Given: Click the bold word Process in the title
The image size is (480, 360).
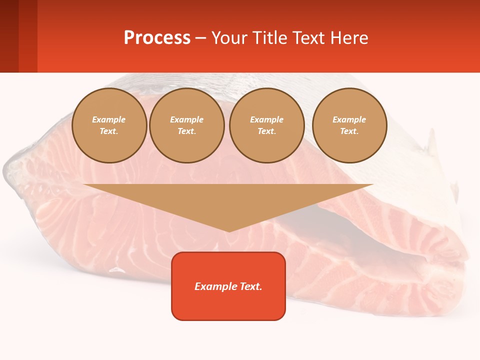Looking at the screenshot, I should [157, 38].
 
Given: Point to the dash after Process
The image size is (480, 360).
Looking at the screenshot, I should [200, 39].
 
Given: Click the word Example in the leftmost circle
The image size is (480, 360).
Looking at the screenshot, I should [109, 119].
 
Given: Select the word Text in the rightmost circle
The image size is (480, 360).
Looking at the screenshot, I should [349, 131].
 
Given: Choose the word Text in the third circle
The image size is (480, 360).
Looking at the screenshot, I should [267, 131].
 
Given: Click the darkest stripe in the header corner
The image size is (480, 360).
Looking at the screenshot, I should [9, 36].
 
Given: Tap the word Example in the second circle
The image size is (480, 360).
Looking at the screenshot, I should [187, 119].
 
